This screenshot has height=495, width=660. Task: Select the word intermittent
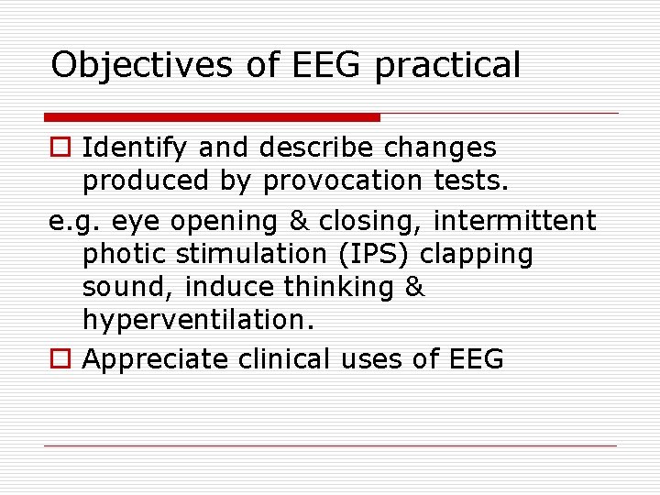(514, 221)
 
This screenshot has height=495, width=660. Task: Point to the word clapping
(477, 254)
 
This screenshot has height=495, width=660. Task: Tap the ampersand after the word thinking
(414, 287)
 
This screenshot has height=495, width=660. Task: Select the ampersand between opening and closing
(298, 221)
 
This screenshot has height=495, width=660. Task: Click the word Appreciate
(156, 359)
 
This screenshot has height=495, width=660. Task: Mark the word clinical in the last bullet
(286, 358)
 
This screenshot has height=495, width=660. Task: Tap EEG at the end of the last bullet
(476, 358)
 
